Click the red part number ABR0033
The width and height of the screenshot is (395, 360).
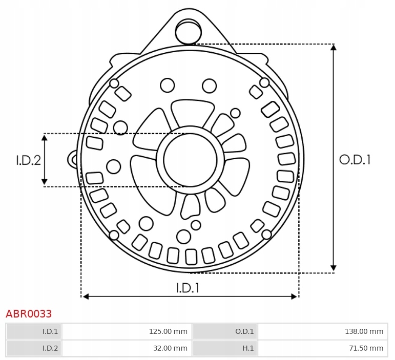tap(29, 314)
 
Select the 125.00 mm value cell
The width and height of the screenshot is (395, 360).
tap(127, 331)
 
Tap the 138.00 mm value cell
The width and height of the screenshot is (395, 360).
tap(323, 331)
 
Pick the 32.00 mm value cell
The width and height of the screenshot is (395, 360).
tap(127, 348)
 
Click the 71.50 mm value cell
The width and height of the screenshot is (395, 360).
tap(323, 348)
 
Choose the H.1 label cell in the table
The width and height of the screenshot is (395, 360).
tap(225, 348)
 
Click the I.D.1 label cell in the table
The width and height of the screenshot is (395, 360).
tap(34, 331)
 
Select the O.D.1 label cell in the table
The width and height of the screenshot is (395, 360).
tap(225, 331)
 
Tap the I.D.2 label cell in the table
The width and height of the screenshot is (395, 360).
tap(34, 348)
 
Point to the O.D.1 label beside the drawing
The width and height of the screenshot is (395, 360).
tap(355, 160)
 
